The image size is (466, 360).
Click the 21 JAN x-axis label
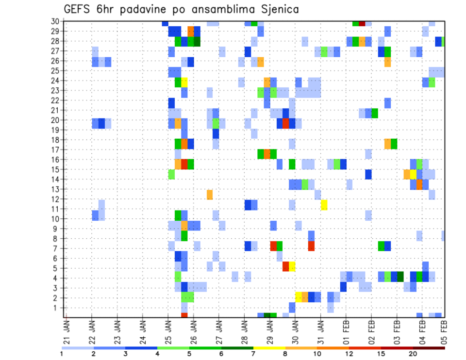coord(67,331)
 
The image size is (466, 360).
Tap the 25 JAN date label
coord(168,331)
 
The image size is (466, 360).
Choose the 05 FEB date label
coord(443,331)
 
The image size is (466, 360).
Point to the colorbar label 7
coord(253,354)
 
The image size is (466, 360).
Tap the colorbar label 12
coord(349,354)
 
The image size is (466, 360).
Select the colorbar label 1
coord(62,354)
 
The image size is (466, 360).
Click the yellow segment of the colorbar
coord(269,348)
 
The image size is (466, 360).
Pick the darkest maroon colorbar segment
coord(429,348)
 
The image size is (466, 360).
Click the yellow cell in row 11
coord(324,204)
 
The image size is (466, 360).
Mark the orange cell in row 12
coord(210,195)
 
